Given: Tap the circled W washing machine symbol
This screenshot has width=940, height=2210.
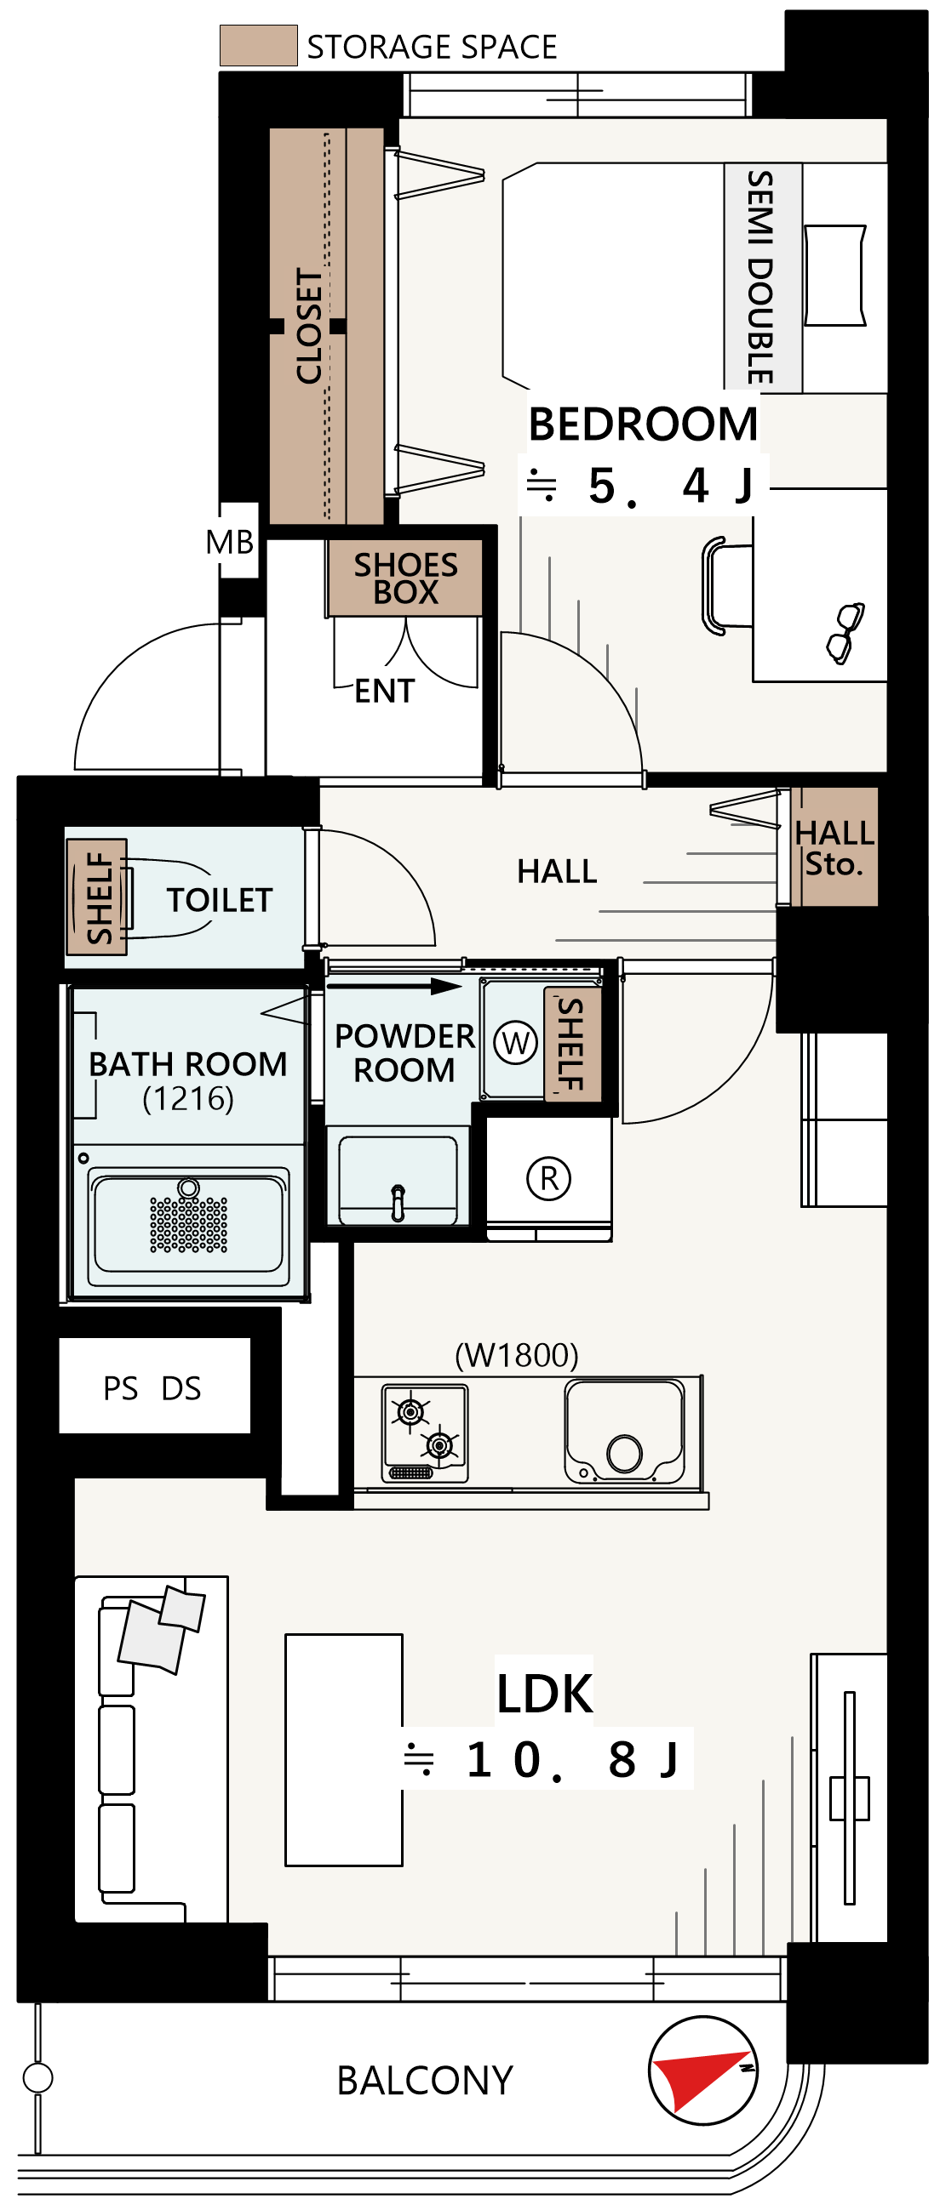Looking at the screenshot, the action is tap(516, 1043).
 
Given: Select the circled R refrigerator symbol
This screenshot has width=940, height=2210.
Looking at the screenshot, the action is tap(548, 1178).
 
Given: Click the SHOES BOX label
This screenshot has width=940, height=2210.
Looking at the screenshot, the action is tap(405, 578).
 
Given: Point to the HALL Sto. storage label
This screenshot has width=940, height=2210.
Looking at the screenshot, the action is tap(834, 847).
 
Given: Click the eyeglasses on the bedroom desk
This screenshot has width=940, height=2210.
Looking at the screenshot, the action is tap(845, 633).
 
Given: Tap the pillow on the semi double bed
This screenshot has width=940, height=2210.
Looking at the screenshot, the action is tap(834, 276).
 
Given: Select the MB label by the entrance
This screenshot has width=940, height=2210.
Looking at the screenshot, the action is tap(230, 542).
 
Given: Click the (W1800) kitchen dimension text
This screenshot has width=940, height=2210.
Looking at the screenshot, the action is tap(517, 1354).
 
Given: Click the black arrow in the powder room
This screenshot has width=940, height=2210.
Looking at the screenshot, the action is tap(395, 987).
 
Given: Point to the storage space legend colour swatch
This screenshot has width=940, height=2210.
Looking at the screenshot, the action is tap(258, 45).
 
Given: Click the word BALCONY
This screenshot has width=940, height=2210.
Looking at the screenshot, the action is tap(425, 2081).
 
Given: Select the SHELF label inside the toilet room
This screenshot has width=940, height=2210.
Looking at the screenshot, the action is tap(99, 897).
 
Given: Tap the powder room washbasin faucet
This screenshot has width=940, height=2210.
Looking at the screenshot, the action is tap(398, 1202).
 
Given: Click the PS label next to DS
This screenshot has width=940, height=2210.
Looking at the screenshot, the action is tap(120, 1388).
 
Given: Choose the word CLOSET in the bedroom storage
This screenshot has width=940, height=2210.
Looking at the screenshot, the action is tap(308, 326).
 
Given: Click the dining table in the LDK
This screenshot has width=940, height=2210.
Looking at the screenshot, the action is tap(343, 1750).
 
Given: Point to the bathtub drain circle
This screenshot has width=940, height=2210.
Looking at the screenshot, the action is tap(189, 1188).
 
